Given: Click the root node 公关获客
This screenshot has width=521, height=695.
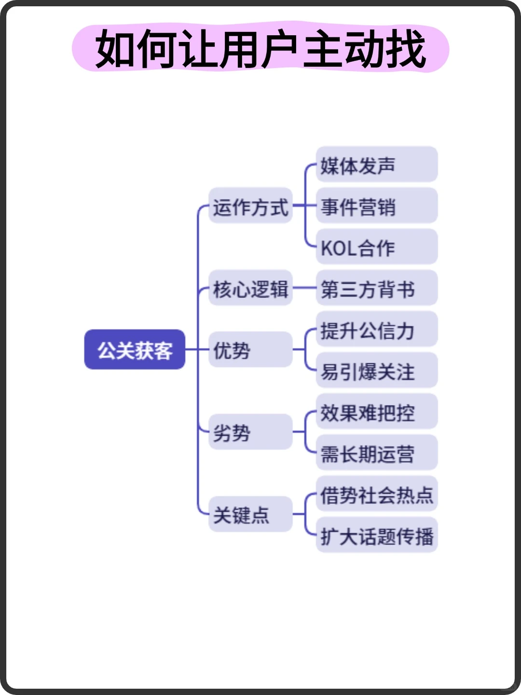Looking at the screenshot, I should pyautogui.click(x=135, y=350).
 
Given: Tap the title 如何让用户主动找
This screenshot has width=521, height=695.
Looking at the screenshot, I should pyautogui.click(x=260, y=49).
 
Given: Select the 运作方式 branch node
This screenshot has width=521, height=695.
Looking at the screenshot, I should pyautogui.click(x=250, y=207).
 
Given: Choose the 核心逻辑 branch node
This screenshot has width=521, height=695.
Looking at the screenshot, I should pyautogui.click(x=250, y=289).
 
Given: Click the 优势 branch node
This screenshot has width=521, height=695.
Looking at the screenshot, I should pyautogui.click(x=250, y=350).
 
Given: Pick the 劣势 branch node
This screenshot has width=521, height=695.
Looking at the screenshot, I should pyautogui.click(x=250, y=432).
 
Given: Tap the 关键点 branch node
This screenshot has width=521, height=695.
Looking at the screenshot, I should pyautogui.click(x=250, y=514).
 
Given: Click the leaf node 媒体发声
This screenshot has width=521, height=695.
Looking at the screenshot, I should pyautogui.click(x=376, y=165).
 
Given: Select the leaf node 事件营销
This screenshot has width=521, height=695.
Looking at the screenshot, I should pyautogui.click(x=376, y=207).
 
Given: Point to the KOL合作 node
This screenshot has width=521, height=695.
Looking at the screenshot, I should pyautogui.click(x=376, y=248).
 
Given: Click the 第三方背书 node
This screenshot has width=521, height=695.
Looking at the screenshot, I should pyautogui.click(x=376, y=289).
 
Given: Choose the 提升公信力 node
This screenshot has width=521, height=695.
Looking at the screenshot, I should pyautogui.click(x=376, y=330).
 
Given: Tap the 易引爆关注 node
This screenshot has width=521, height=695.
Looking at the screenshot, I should pyautogui.click(x=376, y=371).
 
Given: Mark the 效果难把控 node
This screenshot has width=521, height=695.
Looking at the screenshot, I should pyautogui.click(x=376, y=412).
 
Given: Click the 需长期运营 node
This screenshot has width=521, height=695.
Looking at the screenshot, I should pyautogui.click(x=376, y=453).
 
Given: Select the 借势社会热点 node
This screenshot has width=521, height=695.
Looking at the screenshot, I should pyautogui.click(x=376, y=495).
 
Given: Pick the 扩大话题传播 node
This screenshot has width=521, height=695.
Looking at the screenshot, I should pyautogui.click(x=376, y=536).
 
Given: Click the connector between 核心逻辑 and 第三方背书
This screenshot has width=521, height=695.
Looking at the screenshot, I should pyautogui.click(x=304, y=288).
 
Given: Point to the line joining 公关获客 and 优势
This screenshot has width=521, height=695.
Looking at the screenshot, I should pyautogui.click(x=197, y=349).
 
